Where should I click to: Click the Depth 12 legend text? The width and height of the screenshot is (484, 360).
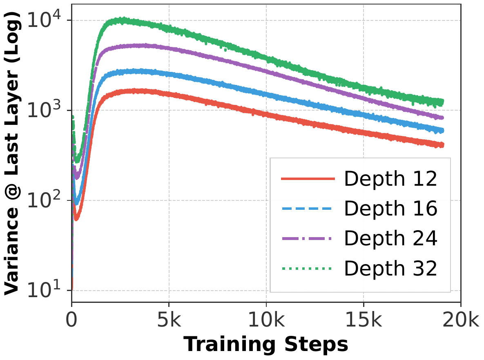tap(390, 180)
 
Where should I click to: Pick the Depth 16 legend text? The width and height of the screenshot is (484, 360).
tap(390, 209)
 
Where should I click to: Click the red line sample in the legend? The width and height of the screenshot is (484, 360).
tap(308, 180)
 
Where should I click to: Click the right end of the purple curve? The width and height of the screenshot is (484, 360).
tap(443, 118)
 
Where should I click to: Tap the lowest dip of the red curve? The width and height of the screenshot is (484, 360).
tap(76, 218)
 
